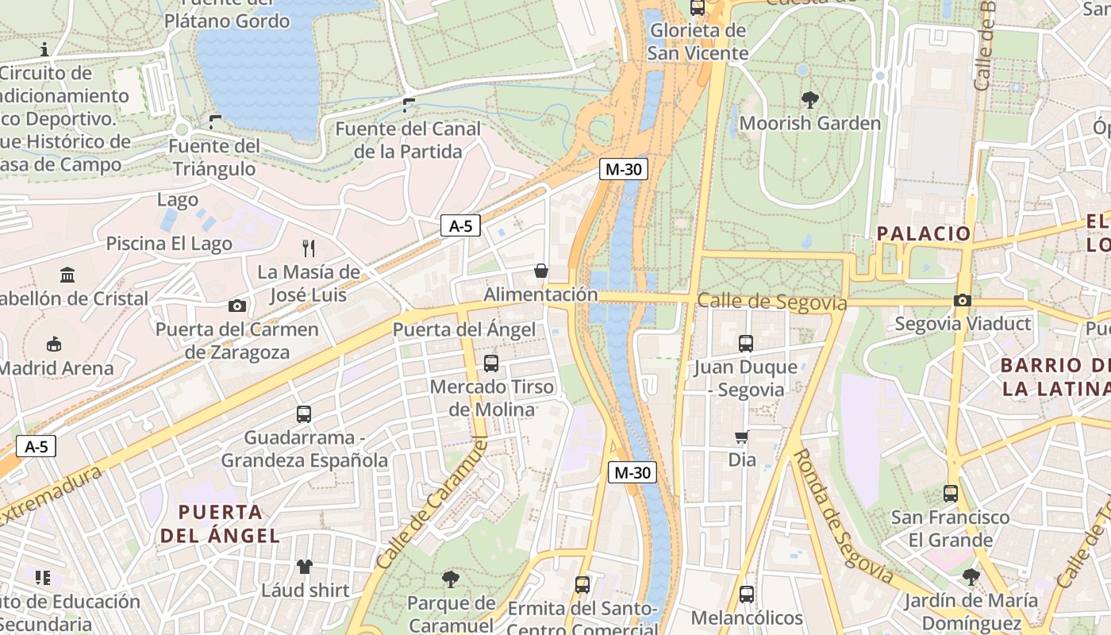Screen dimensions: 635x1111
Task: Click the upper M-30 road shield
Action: tap(624, 168)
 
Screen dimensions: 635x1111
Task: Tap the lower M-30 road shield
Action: tap(632, 472)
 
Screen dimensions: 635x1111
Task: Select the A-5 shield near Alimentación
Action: tap(461, 225)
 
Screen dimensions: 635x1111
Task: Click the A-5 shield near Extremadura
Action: tap(37, 446)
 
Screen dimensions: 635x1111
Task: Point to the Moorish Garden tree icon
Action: tap(809, 100)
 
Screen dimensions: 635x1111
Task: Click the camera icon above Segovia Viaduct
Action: tap(962, 300)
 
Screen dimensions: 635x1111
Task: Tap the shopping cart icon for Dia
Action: tap(742, 437)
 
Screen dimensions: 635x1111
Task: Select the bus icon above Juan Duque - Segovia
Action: tap(745, 344)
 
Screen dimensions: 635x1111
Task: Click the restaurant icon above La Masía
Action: tap(309, 248)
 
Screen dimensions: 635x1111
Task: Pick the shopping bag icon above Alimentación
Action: tap(541, 271)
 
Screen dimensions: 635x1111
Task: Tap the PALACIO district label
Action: tap(924, 233)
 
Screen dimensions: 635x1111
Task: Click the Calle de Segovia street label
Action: tap(771, 302)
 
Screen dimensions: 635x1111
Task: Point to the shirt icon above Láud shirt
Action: tap(305, 566)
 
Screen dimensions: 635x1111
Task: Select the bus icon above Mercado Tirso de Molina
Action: tap(491, 364)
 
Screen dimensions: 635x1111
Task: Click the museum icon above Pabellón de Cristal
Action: tap(67, 275)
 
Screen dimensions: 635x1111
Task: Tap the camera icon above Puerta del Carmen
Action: tap(236, 306)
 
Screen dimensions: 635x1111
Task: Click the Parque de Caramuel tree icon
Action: tap(451, 579)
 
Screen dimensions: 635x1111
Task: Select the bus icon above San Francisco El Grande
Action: tap(950, 494)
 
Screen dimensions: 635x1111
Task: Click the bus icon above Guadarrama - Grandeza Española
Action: tap(304, 414)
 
